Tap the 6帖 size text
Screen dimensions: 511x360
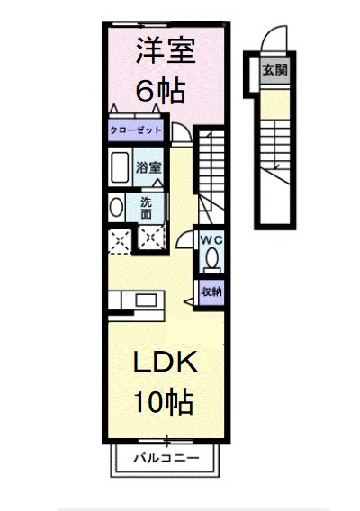click(162, 90)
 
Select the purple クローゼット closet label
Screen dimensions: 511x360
click(137, 130)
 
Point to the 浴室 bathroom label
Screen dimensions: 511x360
click(149, 167)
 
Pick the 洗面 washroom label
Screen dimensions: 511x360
click(147, 208)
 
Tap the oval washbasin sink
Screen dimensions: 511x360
click(116, 208)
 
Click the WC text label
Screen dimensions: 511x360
click(211, 239)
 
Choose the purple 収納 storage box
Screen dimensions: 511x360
click(211, 292)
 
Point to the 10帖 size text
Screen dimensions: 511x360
click(163, 402)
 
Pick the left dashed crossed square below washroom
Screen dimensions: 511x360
click(118, 238)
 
